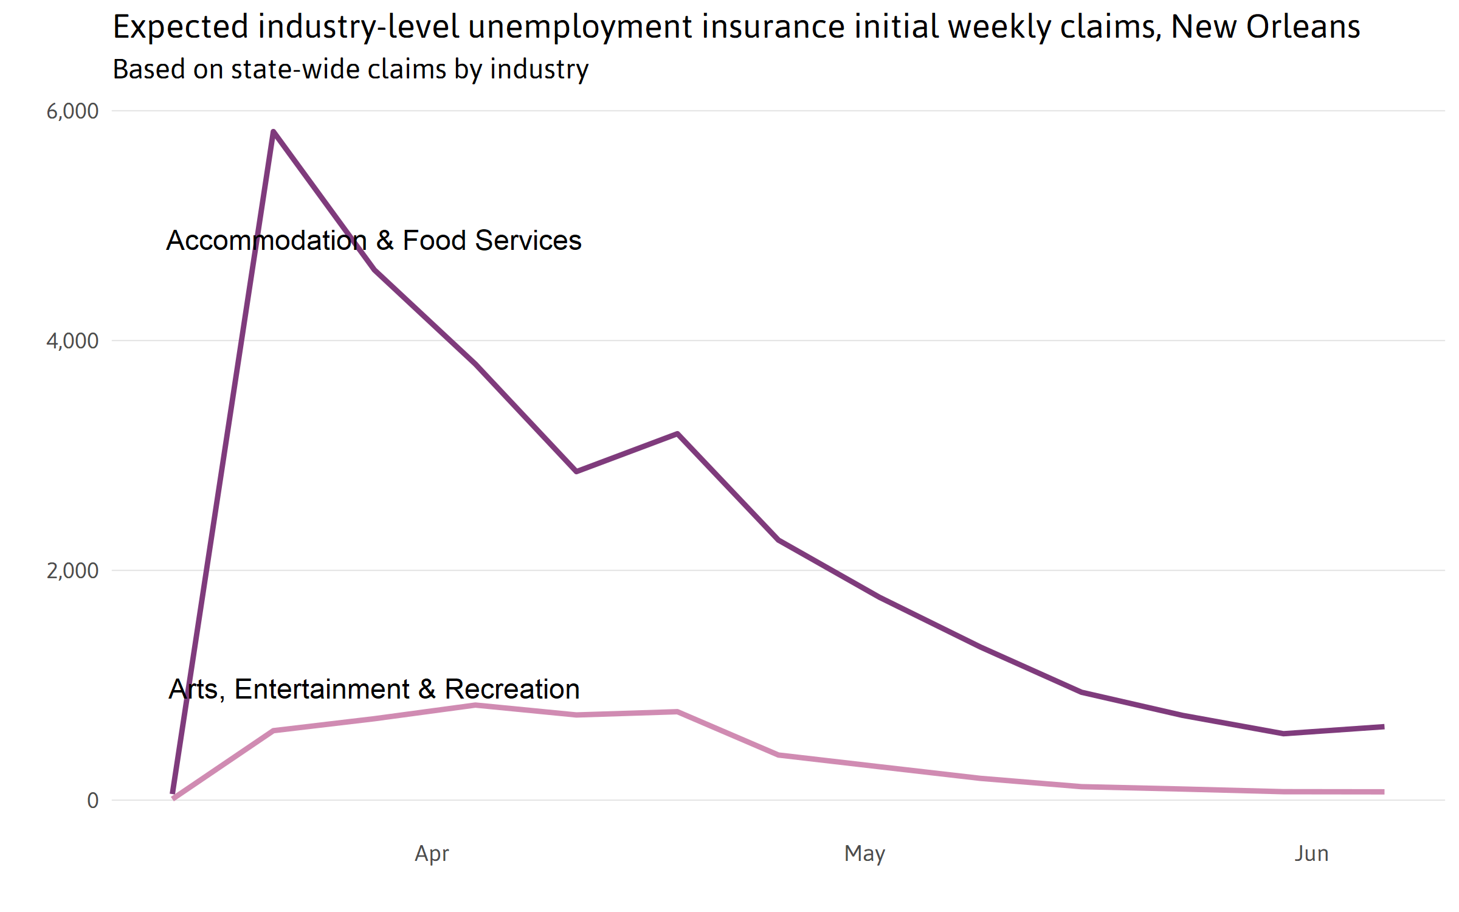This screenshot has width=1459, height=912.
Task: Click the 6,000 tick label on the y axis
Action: [72, 111]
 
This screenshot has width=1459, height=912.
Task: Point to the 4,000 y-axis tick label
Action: [72, 341]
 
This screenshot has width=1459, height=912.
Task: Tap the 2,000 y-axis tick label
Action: [72, 571]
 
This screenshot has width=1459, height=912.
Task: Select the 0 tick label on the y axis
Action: [92, 801]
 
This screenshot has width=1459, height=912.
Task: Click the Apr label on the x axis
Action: [432, 854]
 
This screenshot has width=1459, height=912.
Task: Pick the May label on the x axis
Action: [864, 854]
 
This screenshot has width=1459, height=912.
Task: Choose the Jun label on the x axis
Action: [1311, 854]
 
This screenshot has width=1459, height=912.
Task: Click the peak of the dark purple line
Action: [274, 132]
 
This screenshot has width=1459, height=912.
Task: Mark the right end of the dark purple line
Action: [1383, 727]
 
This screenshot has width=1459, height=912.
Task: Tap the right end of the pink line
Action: [1383, 792]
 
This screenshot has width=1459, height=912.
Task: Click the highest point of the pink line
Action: [475, 705]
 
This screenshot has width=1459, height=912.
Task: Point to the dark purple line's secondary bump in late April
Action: [677, 434]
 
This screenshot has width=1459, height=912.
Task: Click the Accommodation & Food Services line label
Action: [374, 241]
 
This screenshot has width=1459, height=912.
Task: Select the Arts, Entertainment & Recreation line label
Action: [374, 689]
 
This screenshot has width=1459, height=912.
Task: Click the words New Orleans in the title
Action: [1265, 27]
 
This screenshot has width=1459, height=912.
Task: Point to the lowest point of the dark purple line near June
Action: [1283, 734]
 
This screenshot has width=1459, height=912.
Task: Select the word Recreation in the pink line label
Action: [512, 689]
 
